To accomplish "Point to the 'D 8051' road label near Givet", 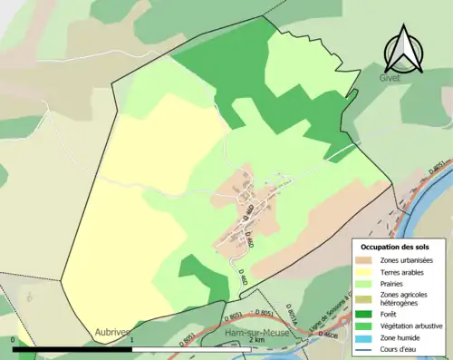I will [435, 166].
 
